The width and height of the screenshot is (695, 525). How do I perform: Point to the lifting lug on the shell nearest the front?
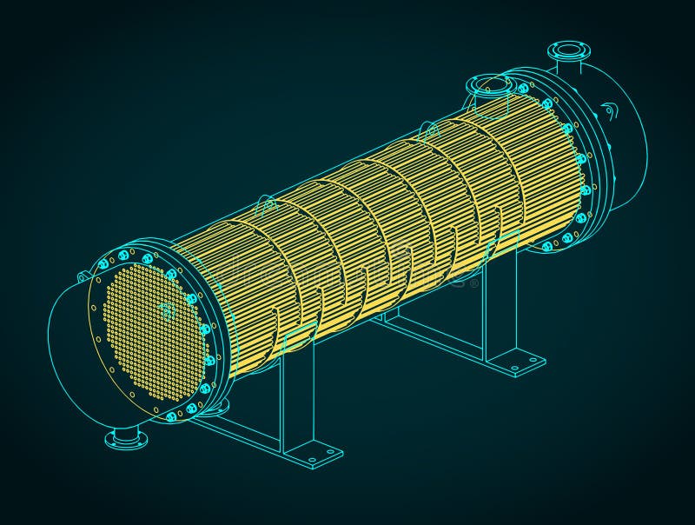coord(268,207)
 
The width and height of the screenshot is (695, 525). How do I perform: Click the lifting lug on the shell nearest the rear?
coord(428,131)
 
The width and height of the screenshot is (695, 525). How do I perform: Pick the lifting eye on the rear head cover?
coord(609,110)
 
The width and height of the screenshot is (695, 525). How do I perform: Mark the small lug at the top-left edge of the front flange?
coord(84,277)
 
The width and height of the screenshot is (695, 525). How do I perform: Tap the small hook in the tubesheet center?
coord(166,311)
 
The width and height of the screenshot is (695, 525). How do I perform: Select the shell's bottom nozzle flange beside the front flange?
coord(219,406)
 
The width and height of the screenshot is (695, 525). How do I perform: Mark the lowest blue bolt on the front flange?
coord(171,416)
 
